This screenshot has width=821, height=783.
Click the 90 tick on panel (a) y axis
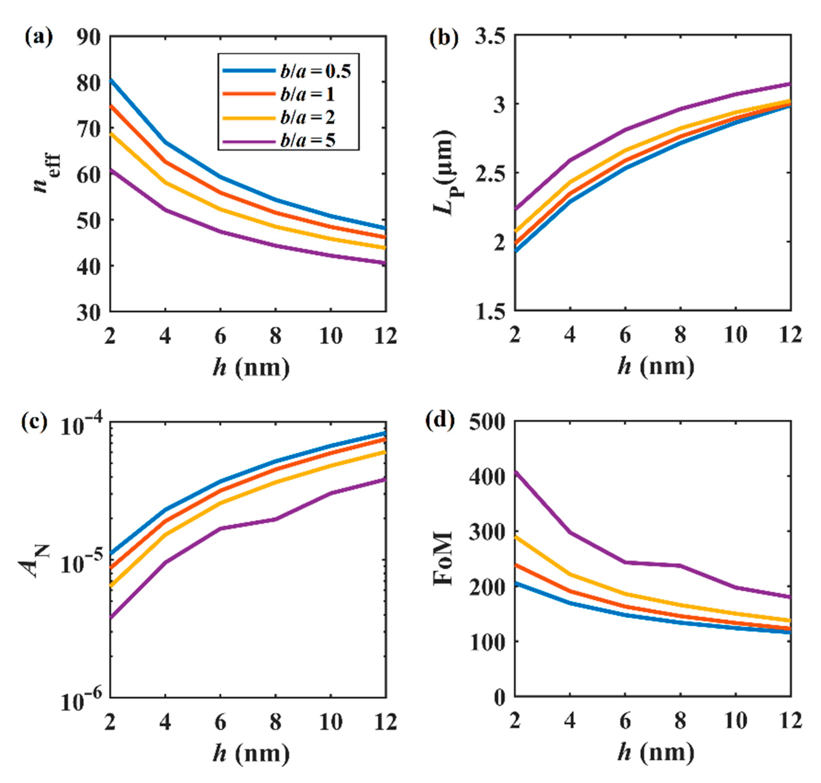89,38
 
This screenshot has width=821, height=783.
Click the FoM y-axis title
444,559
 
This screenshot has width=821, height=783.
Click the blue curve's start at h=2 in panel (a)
111,79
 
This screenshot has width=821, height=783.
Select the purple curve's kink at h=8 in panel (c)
275,520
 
